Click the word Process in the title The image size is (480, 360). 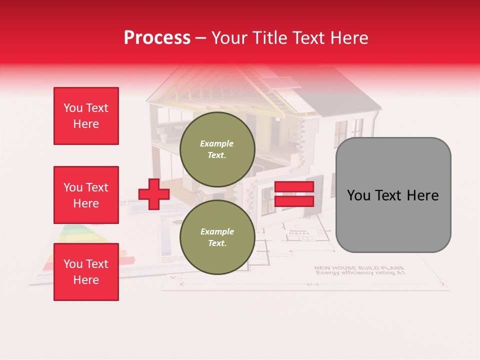pyautogui.click(x=157, y=37)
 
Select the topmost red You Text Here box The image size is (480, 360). pyautogui.click(x=86, y=116)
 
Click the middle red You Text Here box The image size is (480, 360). pyautogui.click(x=86, y=195)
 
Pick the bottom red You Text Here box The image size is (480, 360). pyautogui.click(x=86, y=271)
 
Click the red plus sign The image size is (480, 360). pyautogui.click(x=154, y=194)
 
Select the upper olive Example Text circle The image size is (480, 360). pyautogui.click(x=217, y=149)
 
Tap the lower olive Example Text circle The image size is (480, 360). pyautogui.click(x=217, y=237)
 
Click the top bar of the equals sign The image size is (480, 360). pyautogui.click(x=294, y=187)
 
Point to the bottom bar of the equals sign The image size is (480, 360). pyautogui.click(x=294, y=201)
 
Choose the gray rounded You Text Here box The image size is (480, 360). pyautogui.click(x=393, y=195)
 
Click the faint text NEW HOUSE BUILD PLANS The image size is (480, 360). pyautogui.click(x=358, y=268)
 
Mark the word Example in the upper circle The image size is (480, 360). pyautogui.click(x=217, y=143)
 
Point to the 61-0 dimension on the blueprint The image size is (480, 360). pyautogui.click(x=313, y=284)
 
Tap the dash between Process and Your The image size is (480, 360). pyautogui.click(x=201, y=38)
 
